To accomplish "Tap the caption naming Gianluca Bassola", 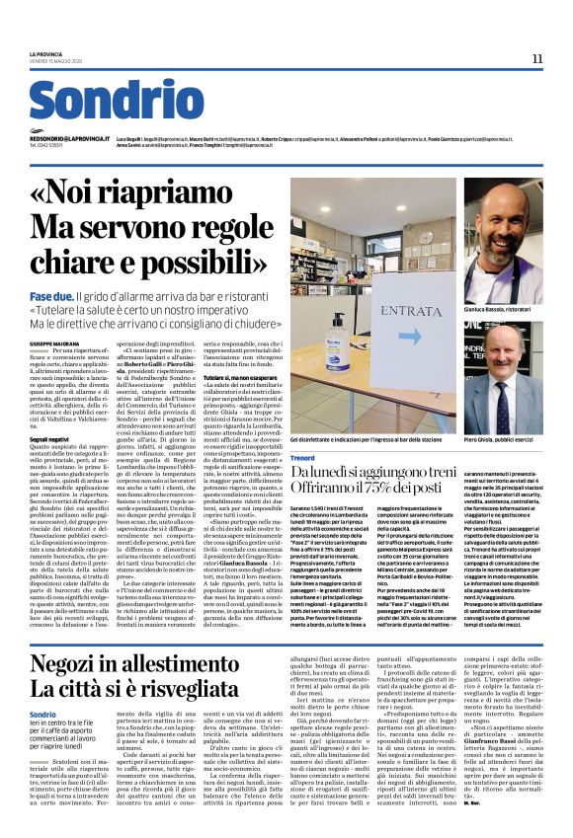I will pyautogui.click(x=503, y=309).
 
